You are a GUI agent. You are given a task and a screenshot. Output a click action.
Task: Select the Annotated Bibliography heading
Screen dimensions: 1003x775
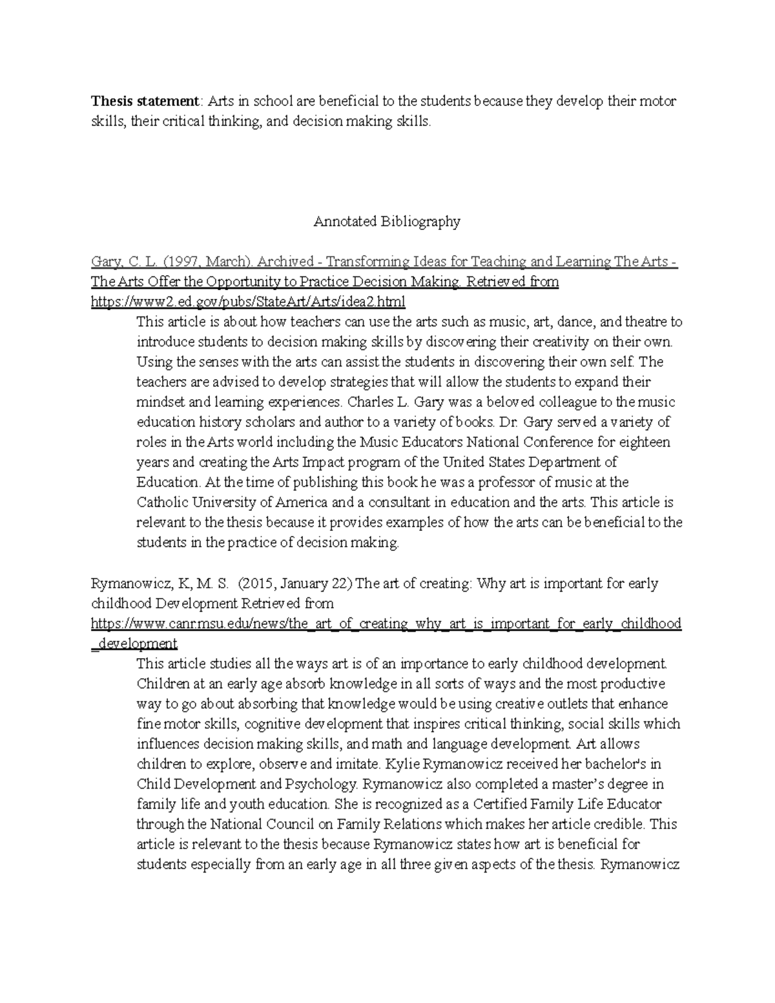pyautogui.click(x=387, y=222)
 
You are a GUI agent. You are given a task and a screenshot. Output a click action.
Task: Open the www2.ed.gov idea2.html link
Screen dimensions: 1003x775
pyautogui.click(x=248, y=302)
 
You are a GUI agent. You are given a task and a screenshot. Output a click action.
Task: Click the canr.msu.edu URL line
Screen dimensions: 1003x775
pyautogui.click(x=386, y=623)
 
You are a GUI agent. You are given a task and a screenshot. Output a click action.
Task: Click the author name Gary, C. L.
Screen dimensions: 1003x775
pyautogui.click(x=115, y=262)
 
